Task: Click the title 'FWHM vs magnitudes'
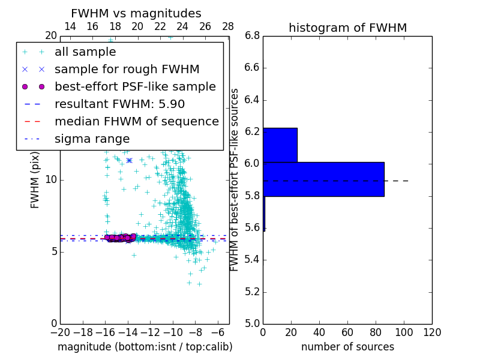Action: click(136, 13)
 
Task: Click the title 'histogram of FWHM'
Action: click(347, 28)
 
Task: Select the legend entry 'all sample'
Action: click(85, 52)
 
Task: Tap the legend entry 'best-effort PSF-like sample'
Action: click(135, 86)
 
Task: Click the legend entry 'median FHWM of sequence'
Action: click(136, 121)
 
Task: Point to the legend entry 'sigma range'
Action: click(92, 139)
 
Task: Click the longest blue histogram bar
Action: click(323, 179)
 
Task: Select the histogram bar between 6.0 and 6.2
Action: click(280, 145)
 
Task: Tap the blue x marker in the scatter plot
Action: click(128, 160)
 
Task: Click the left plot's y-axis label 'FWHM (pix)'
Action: click(35, 179)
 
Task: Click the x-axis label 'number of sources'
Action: click(347, 347)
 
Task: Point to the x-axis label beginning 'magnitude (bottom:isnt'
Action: click(145, 347)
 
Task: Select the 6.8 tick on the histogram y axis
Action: click(252, 35)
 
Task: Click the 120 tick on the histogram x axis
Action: click(432, 332)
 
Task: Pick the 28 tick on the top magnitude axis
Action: click(228, 26)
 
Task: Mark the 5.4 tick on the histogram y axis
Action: click(252, 259)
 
